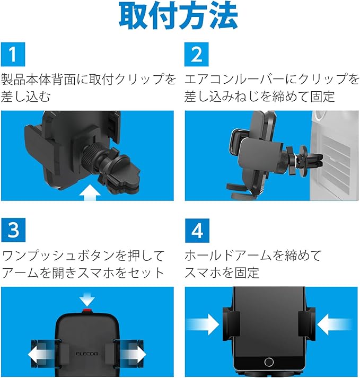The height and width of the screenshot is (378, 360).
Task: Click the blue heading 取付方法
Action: [179, 16]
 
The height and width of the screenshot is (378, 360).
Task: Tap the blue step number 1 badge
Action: [13, 54]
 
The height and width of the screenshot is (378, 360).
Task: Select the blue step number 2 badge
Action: [197, 54]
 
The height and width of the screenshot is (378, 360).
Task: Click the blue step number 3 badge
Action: [13, 230]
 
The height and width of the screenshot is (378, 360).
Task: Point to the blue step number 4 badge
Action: [197, 231]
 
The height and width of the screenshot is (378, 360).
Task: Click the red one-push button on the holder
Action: [87, 311]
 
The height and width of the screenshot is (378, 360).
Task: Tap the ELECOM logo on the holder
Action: [87, 354]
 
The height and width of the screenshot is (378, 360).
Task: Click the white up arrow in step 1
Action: [90, 192]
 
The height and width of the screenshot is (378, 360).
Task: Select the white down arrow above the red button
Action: [87, 299]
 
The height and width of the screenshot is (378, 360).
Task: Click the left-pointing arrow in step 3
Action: [41, 354]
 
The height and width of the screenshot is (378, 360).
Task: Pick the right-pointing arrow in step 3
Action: [133, 354]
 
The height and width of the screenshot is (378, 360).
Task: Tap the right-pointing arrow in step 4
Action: [203, 324]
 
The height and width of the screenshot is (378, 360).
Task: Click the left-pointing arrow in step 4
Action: [335, 324]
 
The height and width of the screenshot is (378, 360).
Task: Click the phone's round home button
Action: [269, 362]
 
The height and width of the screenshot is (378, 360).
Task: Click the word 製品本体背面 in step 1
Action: [38, 79]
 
